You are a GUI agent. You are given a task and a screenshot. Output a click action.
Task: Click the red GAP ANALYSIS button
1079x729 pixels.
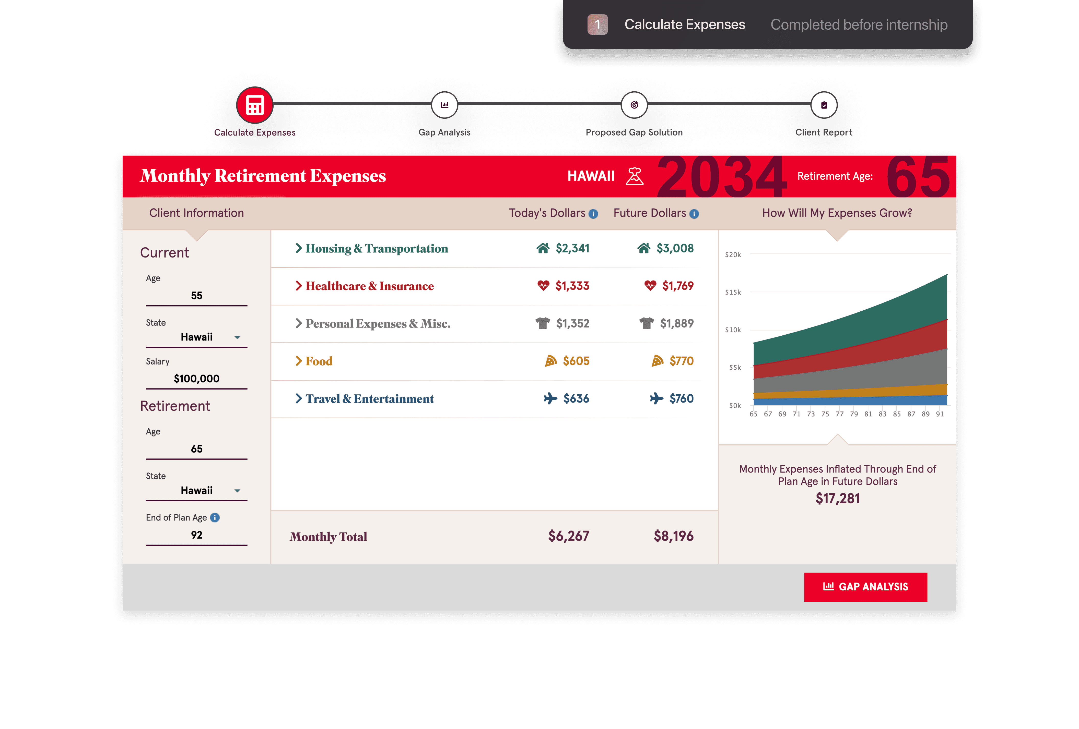click(865, 587)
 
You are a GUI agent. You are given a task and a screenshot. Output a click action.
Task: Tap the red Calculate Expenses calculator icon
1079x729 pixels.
click(254, 105)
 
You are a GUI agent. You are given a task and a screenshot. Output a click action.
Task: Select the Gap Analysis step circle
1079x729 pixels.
click(444, 105)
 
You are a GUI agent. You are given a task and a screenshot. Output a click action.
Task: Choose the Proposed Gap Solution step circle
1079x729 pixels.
click(634, 105)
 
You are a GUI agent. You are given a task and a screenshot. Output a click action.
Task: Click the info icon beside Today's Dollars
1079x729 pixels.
click(593, 214)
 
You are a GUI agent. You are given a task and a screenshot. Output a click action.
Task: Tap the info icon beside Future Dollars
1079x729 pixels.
click(694, 214)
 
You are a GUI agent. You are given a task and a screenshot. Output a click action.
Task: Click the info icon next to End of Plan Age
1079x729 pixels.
click(215, 517)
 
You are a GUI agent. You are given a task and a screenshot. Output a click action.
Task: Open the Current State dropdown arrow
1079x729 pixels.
click(237, 337)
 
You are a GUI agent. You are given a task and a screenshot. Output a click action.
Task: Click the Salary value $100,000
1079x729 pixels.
click(196, 379)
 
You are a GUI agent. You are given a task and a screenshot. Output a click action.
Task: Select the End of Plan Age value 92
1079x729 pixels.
click(196, 535)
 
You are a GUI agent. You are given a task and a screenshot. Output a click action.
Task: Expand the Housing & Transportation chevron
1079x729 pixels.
click(299, 248)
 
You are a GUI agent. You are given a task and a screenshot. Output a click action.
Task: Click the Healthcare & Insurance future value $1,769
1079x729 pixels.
click(678, 286)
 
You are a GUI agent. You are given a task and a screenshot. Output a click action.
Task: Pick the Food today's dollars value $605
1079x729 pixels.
click(576, 361)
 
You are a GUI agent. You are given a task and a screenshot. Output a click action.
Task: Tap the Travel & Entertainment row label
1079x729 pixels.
click(370, 399)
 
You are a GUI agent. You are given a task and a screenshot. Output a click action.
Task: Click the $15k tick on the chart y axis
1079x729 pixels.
click(733, 292)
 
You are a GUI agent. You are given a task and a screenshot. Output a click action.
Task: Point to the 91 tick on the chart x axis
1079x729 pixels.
click(940, 414)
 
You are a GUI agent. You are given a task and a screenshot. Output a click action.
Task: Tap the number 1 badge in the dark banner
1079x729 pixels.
click(597, 25)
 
